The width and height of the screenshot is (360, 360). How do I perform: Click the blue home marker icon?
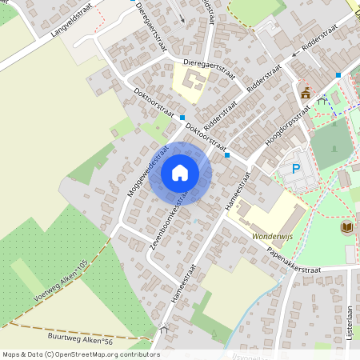click(180, 173)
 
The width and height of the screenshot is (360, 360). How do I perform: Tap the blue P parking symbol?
click(296, 169)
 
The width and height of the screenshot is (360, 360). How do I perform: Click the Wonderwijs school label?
click(274, 238)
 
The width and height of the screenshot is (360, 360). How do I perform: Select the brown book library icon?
click(346, 228)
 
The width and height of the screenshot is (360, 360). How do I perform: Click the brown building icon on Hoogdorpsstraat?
click(306, 94)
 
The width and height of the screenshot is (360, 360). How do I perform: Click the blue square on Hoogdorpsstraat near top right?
click(338, 75)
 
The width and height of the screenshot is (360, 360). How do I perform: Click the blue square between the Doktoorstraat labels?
click(182, 117)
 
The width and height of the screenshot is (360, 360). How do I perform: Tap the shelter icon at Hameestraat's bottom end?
click(166, 330)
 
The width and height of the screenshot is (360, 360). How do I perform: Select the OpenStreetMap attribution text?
click(80, 354)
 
